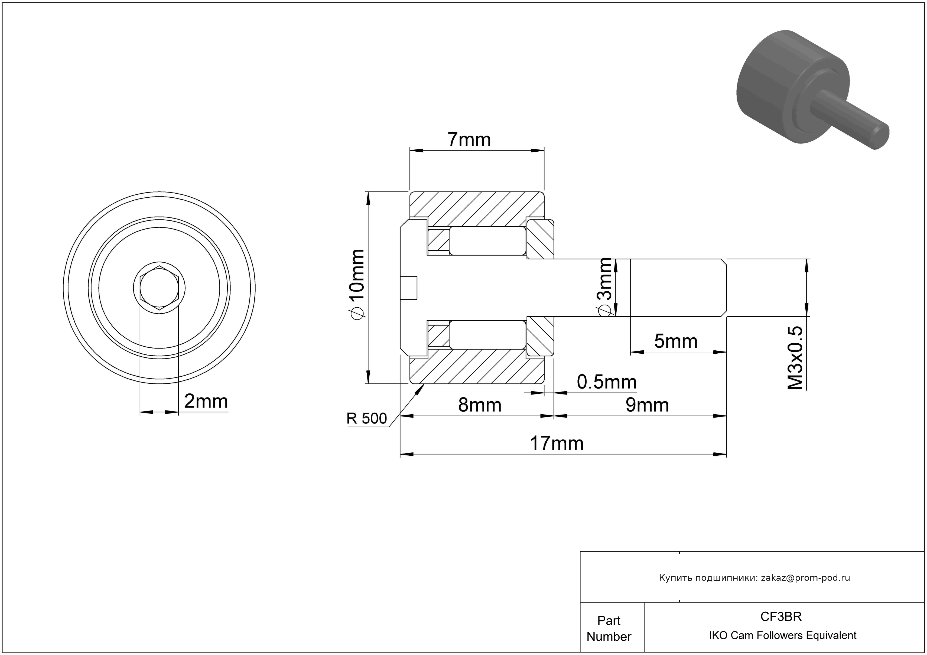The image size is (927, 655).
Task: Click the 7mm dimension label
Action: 469,140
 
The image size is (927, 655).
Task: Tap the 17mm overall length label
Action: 556,444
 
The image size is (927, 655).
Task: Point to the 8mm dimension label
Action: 480,405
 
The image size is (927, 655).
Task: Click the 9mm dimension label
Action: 647,405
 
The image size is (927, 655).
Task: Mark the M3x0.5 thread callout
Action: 795,358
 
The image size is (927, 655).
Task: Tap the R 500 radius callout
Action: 367,419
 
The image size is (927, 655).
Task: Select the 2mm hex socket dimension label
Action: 206,401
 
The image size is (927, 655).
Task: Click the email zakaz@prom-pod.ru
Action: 805,578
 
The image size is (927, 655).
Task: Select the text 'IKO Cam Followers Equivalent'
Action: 782,635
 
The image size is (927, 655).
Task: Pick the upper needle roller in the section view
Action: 487,240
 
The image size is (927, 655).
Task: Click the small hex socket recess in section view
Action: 409,288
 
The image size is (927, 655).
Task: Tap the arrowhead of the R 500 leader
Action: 423,386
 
